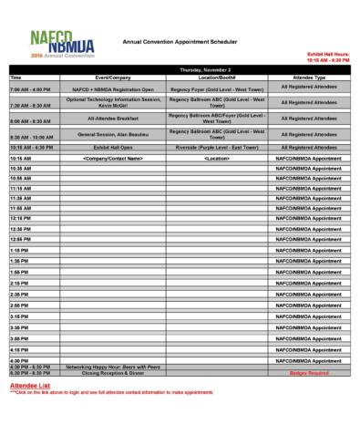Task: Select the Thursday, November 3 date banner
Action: (x=205, y=70)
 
